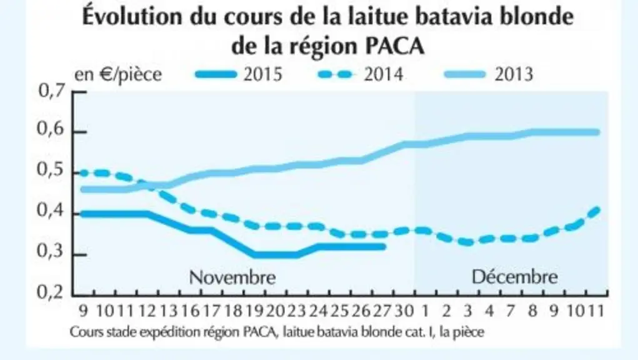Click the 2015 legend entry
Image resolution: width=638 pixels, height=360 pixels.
[239, 74]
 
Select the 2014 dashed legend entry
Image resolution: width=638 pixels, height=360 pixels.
[361, 74]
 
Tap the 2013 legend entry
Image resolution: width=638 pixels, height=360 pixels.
[489, 74]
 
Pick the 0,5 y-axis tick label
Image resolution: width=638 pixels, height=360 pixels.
[51, 171]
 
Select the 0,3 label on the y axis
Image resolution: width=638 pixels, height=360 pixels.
[51, 252]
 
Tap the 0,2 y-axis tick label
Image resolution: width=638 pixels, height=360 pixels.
[51, 292]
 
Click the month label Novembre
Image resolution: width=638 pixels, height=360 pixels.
[232, 277]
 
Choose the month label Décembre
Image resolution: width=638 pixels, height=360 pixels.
[515, 277]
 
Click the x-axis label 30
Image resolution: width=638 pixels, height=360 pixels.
[404, 311]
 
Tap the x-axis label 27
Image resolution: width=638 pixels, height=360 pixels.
[382, 311]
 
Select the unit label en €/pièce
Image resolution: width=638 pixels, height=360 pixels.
[118, 75]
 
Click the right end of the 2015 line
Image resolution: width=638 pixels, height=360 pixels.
[384, 246]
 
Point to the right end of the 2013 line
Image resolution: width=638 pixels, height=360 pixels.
[597, 132]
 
